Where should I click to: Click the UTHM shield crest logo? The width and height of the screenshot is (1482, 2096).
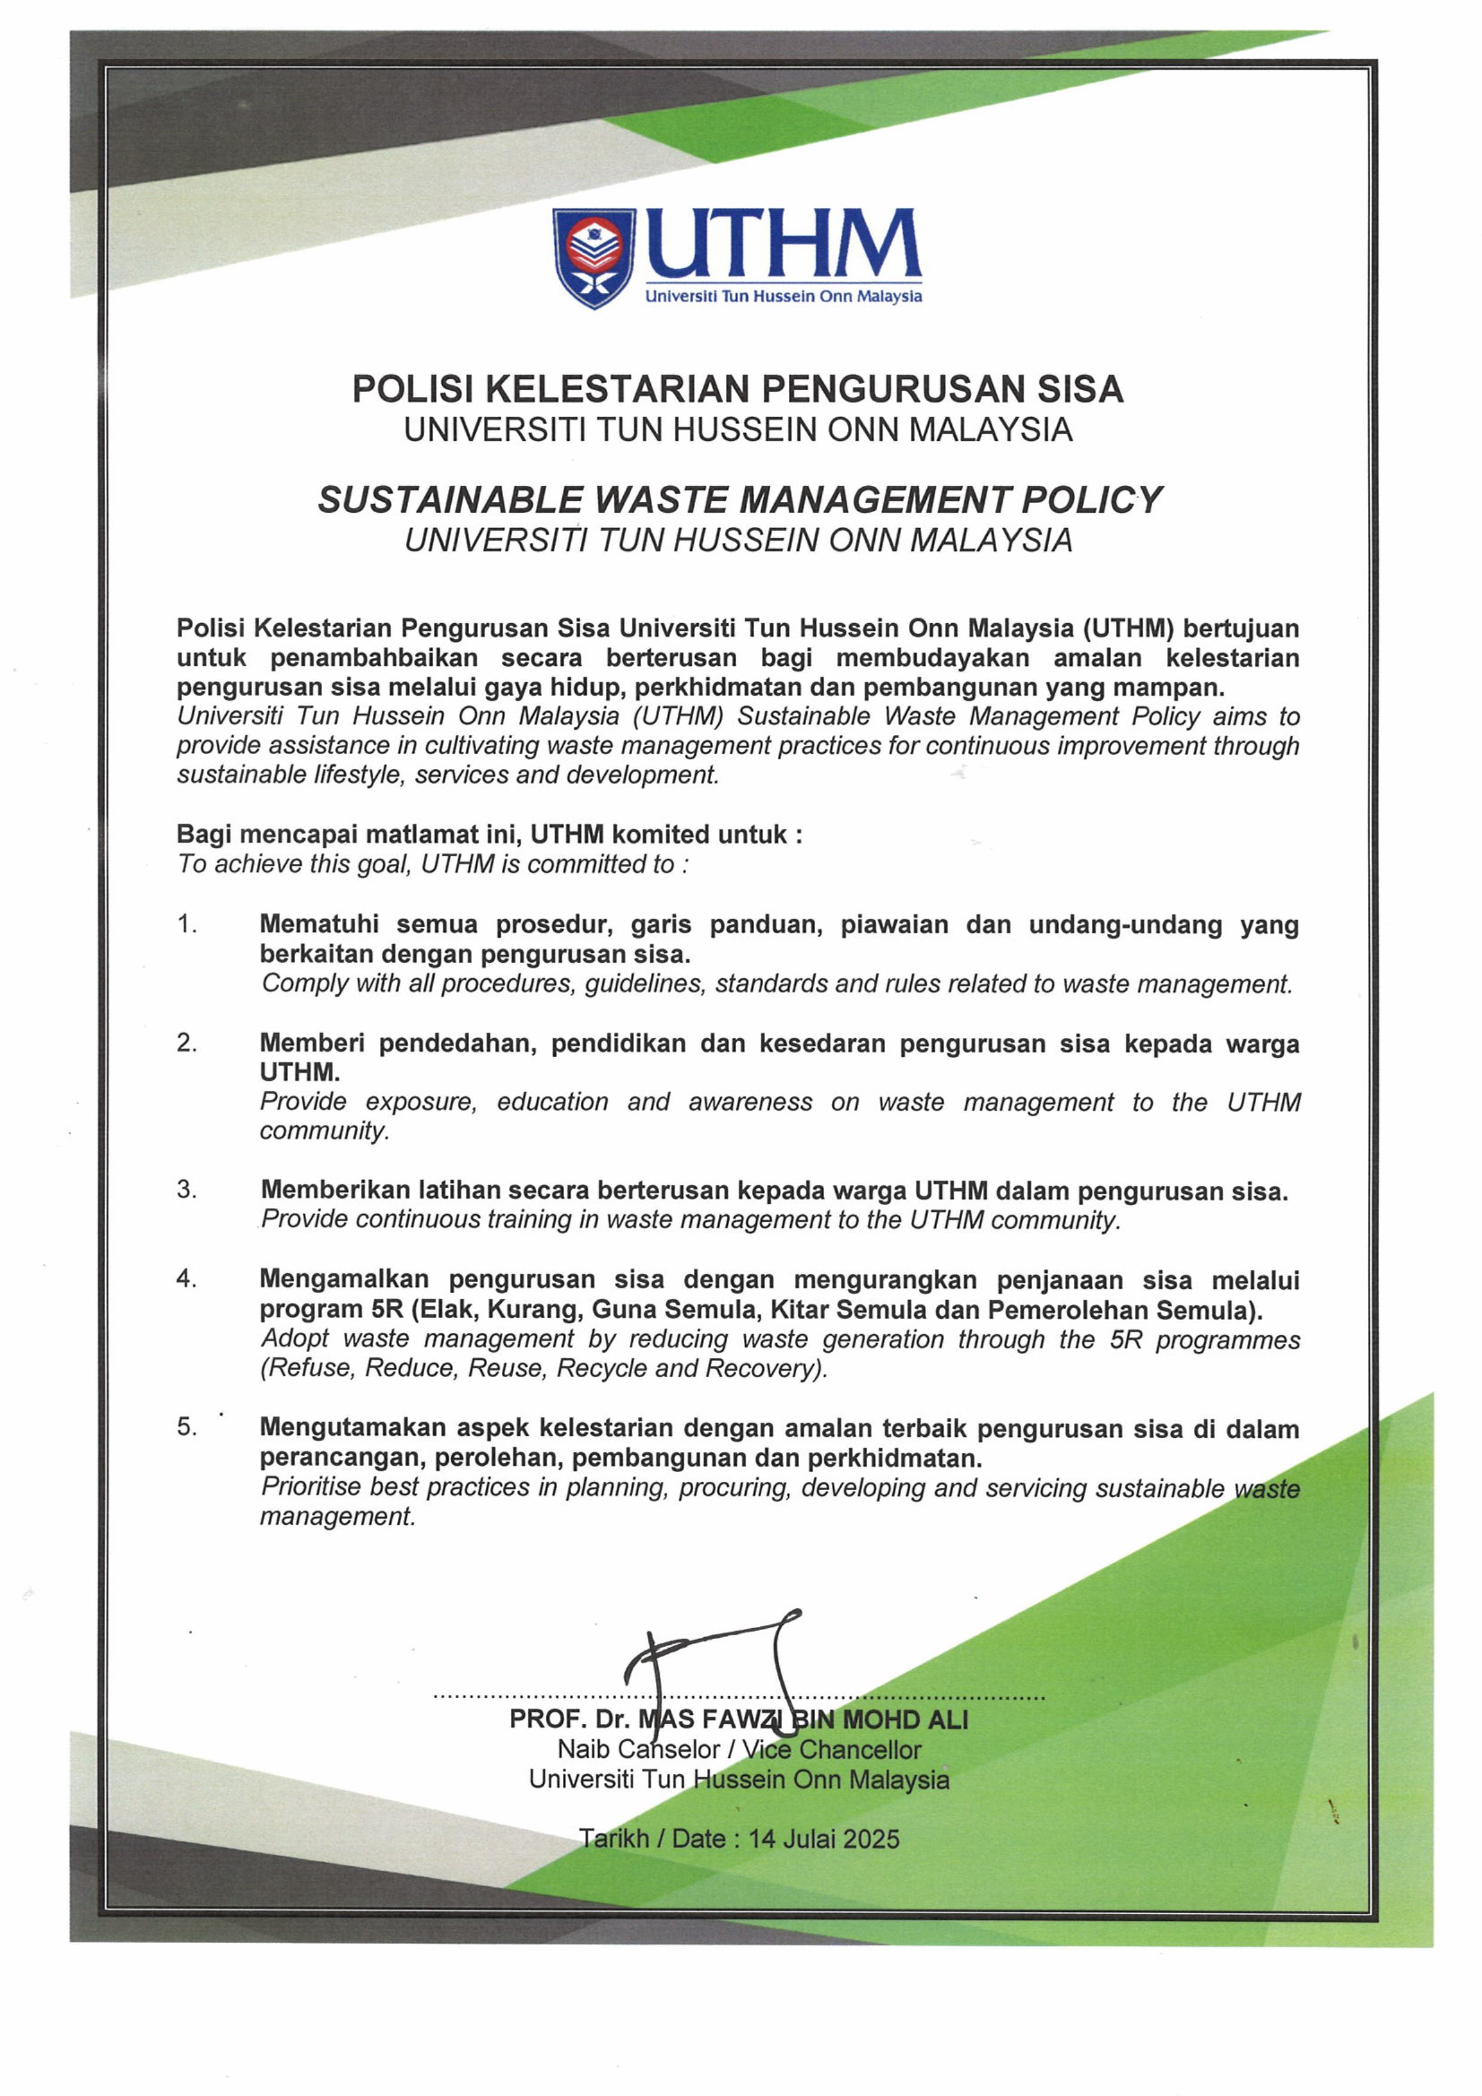coord(593,258)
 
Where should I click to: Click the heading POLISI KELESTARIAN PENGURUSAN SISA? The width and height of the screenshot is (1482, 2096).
coord(738,389)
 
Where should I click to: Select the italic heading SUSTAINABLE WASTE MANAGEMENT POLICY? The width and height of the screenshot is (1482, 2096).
coord(740,500)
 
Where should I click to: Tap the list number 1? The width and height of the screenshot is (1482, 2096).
coord(186,925)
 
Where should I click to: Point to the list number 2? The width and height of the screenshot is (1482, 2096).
coord(186,1043)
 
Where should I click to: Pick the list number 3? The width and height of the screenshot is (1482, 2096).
coord(186,1190)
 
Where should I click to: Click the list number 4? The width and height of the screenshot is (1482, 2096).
coord(186,1279)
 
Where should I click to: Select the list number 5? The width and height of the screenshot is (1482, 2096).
coord(186,1427)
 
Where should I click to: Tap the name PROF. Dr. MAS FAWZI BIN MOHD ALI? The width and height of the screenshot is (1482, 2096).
coord(739,1720)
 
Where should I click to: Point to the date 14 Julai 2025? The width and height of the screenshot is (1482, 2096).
coord(823,1838)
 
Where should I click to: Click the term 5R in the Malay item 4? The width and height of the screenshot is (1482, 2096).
coord(388,1310)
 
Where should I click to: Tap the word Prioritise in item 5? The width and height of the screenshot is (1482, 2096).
coord(311,1487)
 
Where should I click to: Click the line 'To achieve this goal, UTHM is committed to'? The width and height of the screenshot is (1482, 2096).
coord(432,865)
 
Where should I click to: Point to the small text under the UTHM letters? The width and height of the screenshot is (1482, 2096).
coord(783,297)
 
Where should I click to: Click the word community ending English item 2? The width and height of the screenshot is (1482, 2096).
coord(323,1131)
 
